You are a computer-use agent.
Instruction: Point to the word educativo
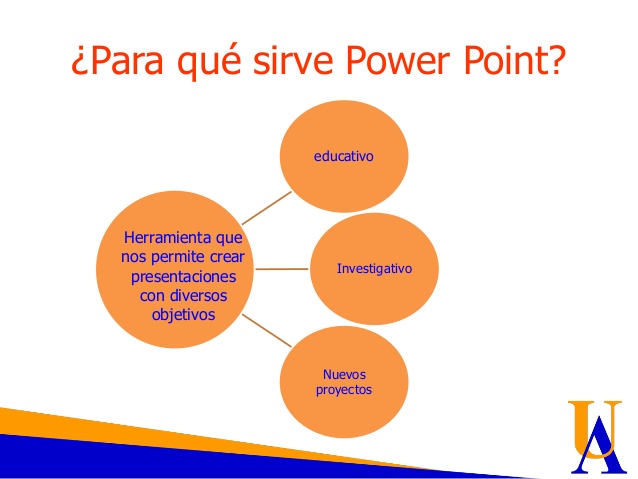pyautogui.click(x=344, y=156)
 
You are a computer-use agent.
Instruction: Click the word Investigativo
pyautogui.click(x=374, y=269)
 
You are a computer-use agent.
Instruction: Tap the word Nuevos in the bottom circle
pyautogui.click(x=344, y=374)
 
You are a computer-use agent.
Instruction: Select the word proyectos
pyautogui.click(x=343, y=389)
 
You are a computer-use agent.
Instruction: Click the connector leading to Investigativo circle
pyautogui.click(x=282, y=269)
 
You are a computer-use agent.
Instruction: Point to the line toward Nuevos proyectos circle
pyautogui.click(x=265, y=330)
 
